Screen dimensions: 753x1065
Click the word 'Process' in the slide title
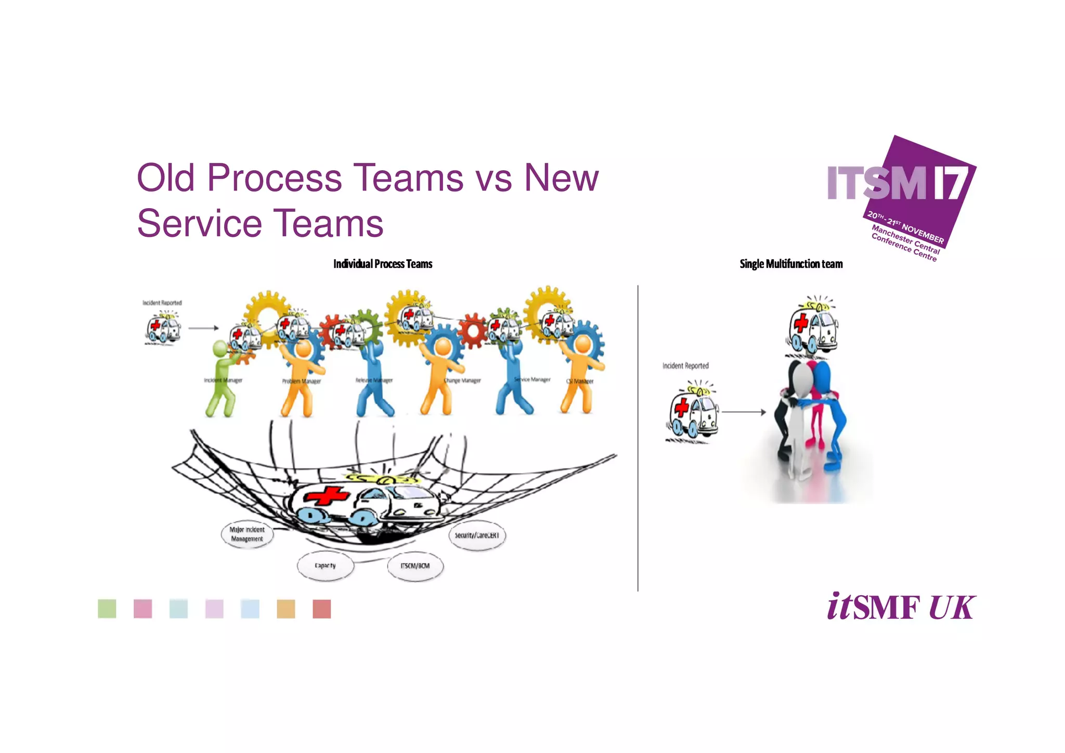(x=275, y=178)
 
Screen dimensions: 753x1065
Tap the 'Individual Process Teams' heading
(x=383, y=264)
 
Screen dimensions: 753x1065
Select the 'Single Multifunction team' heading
(x=791, y=264)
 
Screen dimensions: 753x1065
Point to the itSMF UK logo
(x=901, y=607)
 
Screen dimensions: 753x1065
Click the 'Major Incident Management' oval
(x=247, y=534)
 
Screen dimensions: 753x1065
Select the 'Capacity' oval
(x=326, y=565)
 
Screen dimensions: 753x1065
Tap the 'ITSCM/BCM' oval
(x=415, y=566)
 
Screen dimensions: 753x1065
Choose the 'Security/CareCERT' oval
(x=476, y=535)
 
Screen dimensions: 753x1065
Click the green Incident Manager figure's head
(x=220, y=348)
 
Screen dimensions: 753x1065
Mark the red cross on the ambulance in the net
(x=327, y=495)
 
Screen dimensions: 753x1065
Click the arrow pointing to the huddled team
(x=744, y=412)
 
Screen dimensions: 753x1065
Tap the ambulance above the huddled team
(x=812, y=328)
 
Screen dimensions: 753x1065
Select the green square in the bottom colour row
(x=107, y=608)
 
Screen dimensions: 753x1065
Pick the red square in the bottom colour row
(x=322, y=609)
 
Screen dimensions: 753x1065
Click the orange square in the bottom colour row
(x=286, y=609)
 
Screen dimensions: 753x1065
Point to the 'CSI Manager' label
(x=580, y=381)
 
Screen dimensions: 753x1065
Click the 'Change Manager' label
(x=462, y=380)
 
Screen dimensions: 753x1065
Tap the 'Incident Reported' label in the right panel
(x=685, y=366)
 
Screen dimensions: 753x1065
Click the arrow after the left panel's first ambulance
(x=203, y=328)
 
